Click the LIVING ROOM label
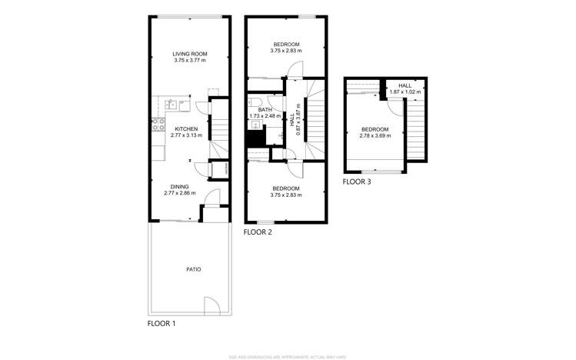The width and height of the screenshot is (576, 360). tap(190, 54)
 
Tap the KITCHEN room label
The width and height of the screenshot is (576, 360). tap(186, 128)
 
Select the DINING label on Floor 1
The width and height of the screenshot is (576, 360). tap(179, 186)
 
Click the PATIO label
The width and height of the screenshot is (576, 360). tap(194, 269)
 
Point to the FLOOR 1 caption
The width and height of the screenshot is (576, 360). tap(161, 324)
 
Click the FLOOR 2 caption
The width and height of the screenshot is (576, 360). tap(257, 231)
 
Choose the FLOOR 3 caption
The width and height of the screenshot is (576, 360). tap(357, 182)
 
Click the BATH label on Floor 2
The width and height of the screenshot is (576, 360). tap(265, 110)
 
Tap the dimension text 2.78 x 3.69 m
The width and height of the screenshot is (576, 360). tap(375, 135)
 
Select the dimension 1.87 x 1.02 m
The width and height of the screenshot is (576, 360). tap(405, 92)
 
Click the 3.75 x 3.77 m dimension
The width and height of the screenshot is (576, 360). tap(190, 60)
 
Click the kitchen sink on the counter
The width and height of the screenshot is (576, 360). tap(173, 104)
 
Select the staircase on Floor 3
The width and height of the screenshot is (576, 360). tap(415, 131)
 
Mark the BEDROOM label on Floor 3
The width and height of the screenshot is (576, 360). tap(375, 129)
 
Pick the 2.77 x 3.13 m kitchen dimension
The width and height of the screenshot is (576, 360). tap(186, 135)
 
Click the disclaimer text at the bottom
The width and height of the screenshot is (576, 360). tap(288, 356)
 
